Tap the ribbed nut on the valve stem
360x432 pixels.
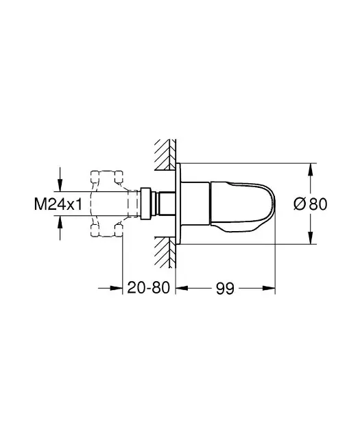146,204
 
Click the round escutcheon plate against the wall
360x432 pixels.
179,204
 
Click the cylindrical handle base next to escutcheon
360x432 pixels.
196,204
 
